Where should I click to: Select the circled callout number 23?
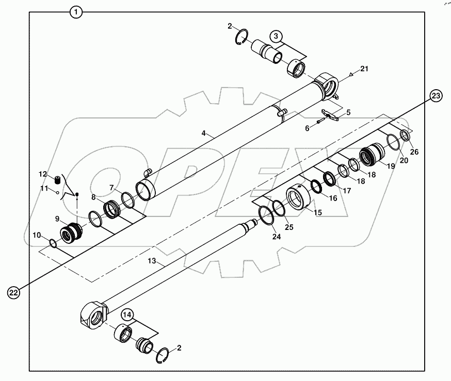point(437,95)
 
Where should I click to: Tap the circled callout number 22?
point(14,292)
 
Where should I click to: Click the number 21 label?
point(364,69)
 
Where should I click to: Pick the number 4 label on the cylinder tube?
point(204,133)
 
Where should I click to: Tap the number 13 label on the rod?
point(152,262)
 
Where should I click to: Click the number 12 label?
point(44,174)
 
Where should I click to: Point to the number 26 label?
point(414,152)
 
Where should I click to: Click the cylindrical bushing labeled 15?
point(298,197)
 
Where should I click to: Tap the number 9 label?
point(58,219)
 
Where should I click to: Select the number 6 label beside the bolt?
point(307,128)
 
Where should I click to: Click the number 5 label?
point(348,112)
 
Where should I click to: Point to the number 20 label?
point(403,161)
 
